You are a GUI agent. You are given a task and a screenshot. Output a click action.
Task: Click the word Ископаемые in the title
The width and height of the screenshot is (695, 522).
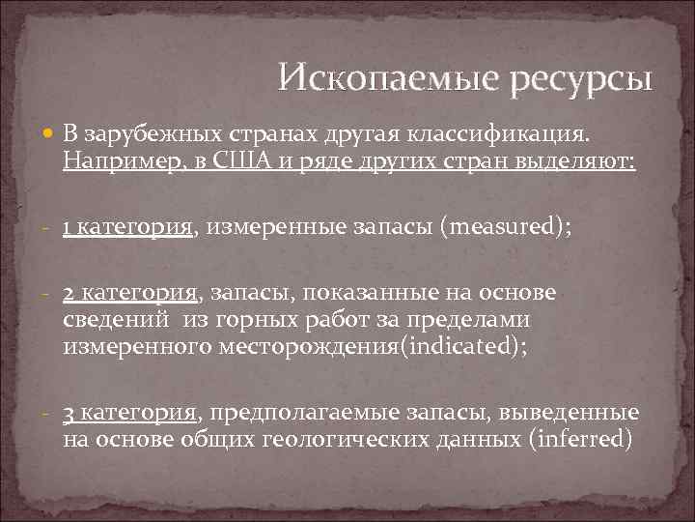[x=372, y=76]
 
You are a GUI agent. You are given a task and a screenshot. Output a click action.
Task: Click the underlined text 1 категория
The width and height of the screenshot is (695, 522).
[x=129, y=228]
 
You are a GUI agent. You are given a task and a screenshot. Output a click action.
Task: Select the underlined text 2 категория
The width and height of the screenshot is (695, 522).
[x=129, y=293]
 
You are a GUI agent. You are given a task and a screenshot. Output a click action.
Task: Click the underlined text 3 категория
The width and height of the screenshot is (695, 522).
[x=129, y=413]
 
